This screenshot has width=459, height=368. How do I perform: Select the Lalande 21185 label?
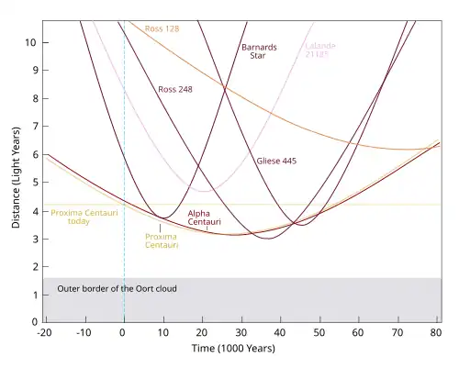tap(320, 51)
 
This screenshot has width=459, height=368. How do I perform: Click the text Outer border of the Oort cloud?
tap(117, 289)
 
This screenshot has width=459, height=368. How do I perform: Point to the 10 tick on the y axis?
tap(31, 42)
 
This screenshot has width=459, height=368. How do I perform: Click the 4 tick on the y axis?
tap(34, 211)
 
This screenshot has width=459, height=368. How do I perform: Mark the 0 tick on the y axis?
tap(34, 323)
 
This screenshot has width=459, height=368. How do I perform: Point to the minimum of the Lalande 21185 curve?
tap(202, 191)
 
